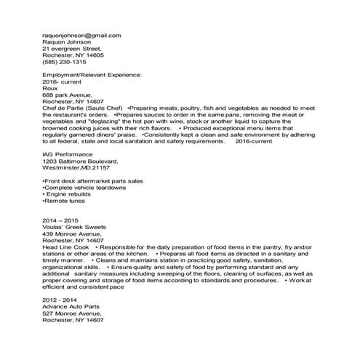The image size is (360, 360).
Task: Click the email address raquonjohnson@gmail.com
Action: (x=81, y=35)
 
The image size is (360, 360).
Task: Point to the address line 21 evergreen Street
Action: (x=72, y=48)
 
